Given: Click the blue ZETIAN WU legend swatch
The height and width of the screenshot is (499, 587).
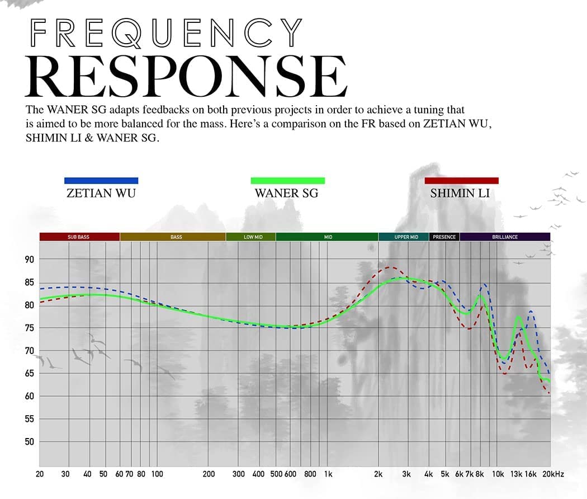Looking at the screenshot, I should click(x=101, y=181).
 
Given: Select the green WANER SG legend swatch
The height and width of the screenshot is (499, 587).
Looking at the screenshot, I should click(x=288, y=181).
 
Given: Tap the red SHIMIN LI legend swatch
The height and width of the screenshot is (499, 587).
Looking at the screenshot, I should click(x=461, y=181).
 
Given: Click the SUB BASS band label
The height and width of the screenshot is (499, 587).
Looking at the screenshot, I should click(x=79, y=237).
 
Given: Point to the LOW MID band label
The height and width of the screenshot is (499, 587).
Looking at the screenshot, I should click(x=253, y=237).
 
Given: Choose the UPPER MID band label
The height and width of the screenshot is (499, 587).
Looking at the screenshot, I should click(x=406, y=237).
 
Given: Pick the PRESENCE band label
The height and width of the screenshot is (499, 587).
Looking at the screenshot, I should click(x=444, y=237).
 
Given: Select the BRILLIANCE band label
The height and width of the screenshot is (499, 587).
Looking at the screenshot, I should click(x=505, y=237).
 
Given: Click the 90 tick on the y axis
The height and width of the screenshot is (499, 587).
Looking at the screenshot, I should click(x=29, y=260).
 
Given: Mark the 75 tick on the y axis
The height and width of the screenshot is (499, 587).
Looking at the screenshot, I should click(x=29, y=328).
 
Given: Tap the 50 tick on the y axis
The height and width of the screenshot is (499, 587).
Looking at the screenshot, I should click(x=29, y=442).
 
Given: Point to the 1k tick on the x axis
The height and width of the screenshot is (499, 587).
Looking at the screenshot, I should click(x=328, y=474).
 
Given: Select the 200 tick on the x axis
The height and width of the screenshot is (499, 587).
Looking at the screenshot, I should click(x=209, y=474).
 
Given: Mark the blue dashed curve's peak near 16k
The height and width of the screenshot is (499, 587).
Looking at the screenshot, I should click(x=530, y=311).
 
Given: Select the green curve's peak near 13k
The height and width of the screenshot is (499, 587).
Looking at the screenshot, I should click(x=519, y=317).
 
